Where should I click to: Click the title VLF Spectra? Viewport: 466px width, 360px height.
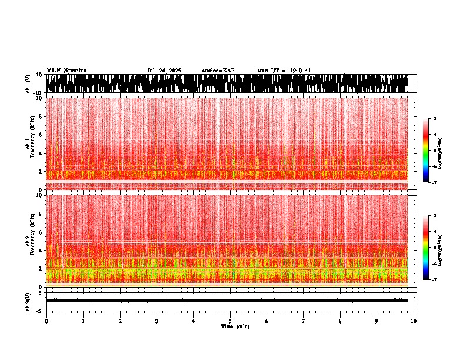pos(66,70)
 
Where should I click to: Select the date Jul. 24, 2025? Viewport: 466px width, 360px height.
pos(164,71)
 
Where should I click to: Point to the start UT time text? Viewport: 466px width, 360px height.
pos(284,71)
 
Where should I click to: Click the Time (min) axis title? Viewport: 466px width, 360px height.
pos(235,326)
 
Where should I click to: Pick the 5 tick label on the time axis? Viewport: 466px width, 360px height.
pos(230,321)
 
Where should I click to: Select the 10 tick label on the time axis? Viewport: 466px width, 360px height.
pos(414,321)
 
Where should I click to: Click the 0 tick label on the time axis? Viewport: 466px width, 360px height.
pos(46,321)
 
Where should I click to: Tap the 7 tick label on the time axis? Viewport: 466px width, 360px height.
pos(304,321)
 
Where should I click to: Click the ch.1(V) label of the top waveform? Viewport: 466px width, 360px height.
pos(28,84)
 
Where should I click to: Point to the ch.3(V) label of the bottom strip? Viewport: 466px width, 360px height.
pos(28,300)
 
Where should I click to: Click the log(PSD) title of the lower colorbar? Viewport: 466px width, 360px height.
pos(440,248)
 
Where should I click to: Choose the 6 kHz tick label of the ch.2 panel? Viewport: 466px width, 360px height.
pos(41,232)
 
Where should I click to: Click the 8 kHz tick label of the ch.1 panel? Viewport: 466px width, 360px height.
pos(41,116)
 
